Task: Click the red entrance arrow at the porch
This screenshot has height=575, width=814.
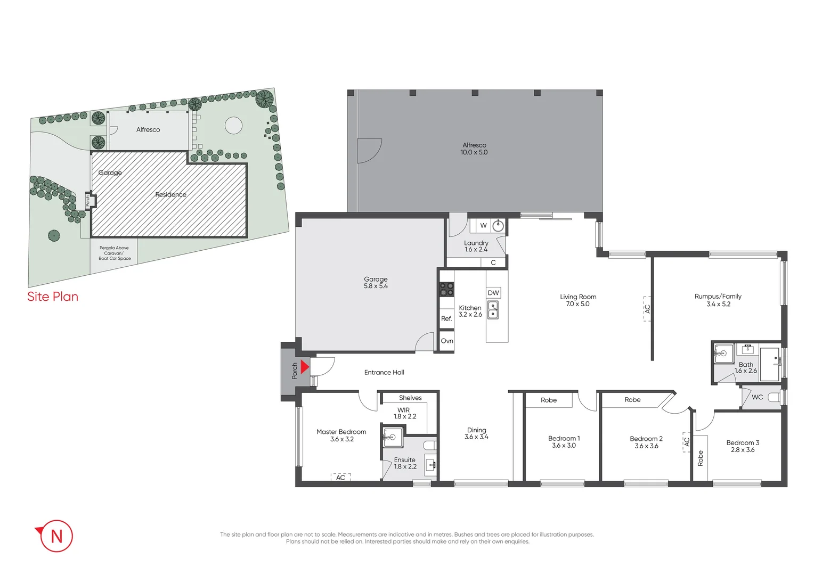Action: [305, 367]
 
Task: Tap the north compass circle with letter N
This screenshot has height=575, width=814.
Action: [56, 536]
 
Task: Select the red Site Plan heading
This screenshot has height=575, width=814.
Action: [53, 297]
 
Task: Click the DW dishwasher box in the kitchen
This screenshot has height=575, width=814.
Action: [493, 293]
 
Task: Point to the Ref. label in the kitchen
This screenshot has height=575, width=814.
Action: [446, 318]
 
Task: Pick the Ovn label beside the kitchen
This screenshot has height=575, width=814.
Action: [447, 341]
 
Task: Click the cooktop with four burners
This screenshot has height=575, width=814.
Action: [446, 289]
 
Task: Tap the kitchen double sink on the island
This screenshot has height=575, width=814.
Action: [493, 310]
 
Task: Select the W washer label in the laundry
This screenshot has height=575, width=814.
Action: [483, 225]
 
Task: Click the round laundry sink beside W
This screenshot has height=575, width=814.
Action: [498, 226]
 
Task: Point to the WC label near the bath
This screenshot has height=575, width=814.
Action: [757, 397]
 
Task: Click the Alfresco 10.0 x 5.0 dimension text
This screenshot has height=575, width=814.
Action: [474, 152]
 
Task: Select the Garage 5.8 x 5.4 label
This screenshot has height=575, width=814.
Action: [376, 283]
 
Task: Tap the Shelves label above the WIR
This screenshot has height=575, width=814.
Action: [410, 398]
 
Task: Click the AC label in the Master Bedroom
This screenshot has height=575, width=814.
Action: [340, 478]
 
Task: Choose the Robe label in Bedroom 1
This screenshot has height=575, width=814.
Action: [549, 400]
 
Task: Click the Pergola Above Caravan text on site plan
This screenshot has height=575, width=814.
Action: [114, 253]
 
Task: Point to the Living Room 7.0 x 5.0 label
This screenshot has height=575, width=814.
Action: [578, 300]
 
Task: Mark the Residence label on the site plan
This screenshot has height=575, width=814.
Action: [170, 194]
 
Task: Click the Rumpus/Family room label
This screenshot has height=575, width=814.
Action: [718, 297]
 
